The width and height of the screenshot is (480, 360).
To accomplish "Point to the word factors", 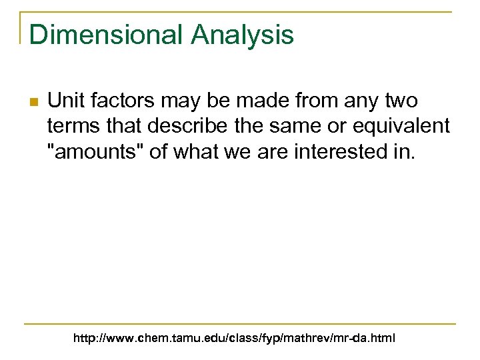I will click(x=118, y=101).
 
